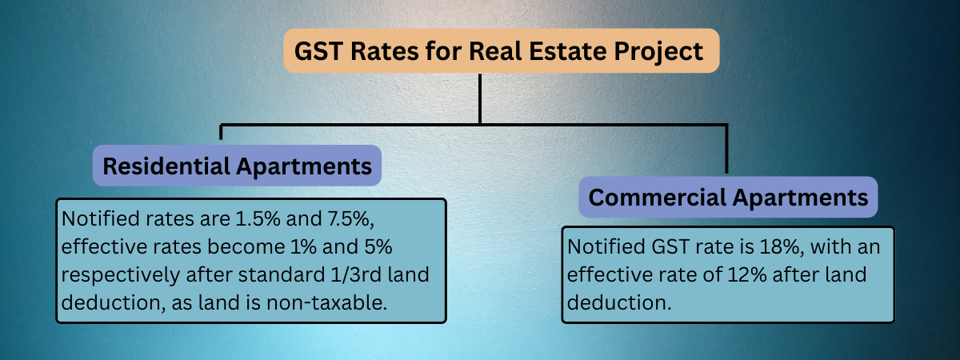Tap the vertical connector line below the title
click(x=480, y=98)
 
